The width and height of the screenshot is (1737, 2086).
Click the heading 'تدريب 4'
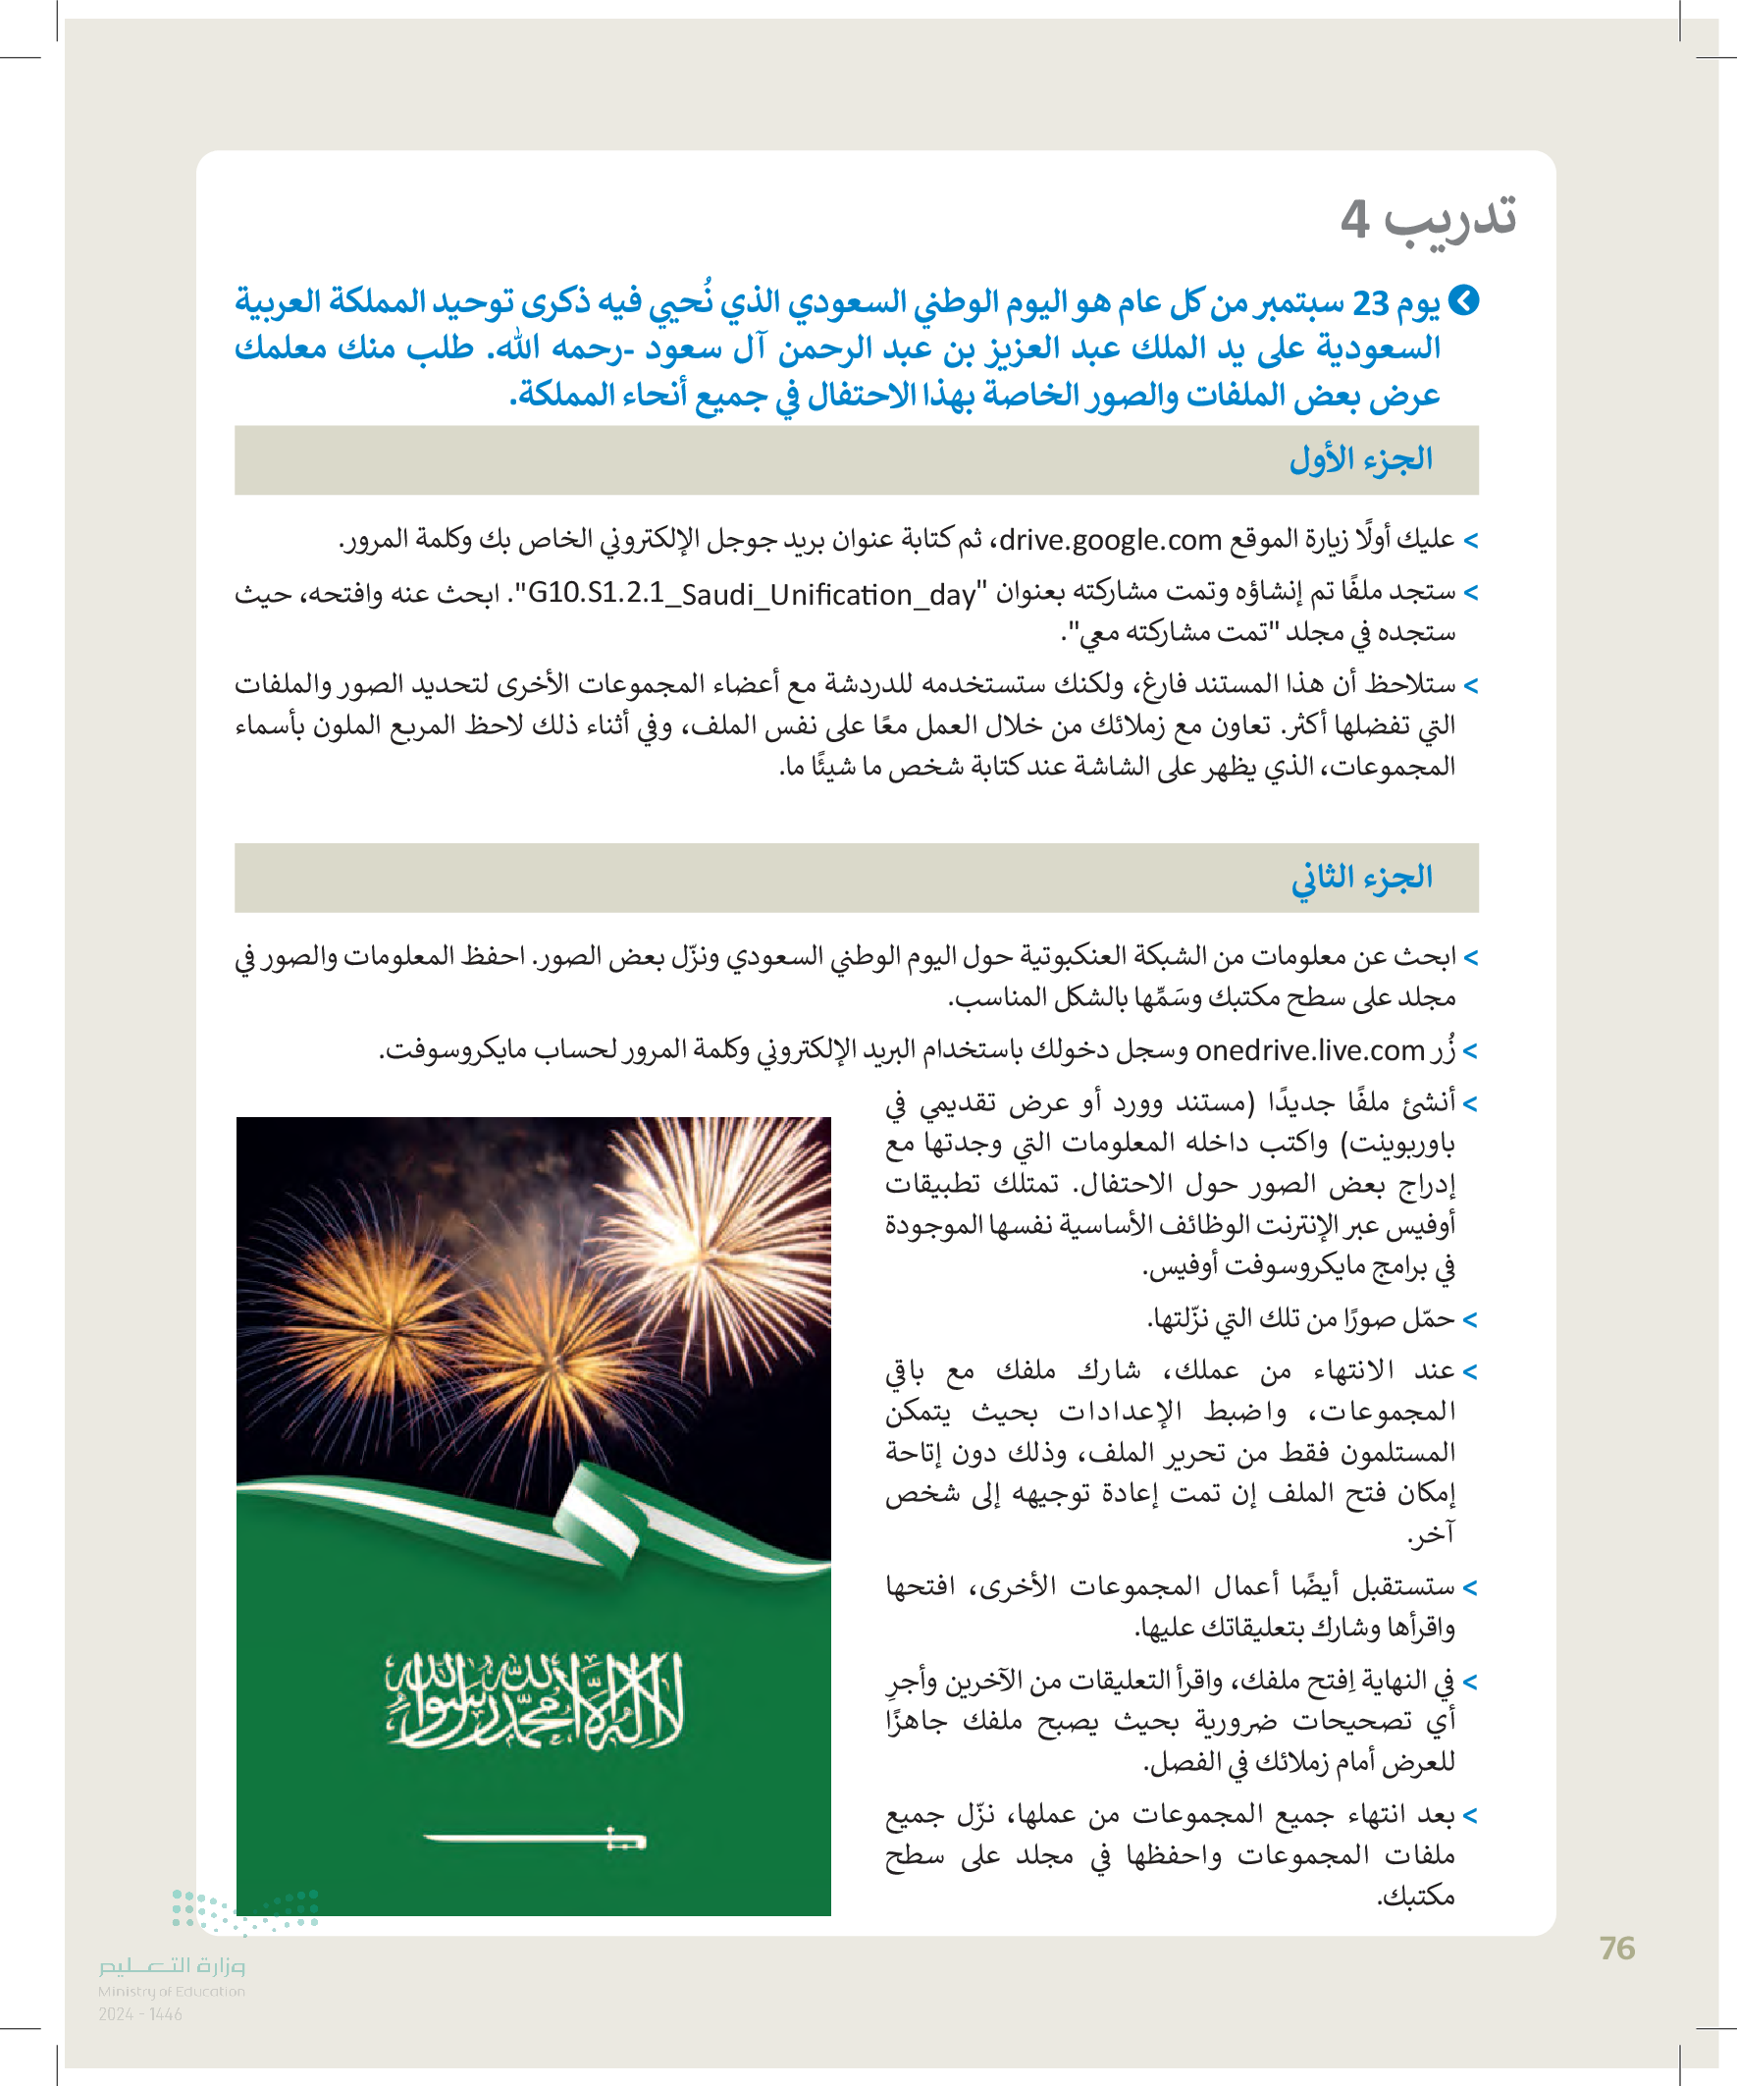tap(1427, 218)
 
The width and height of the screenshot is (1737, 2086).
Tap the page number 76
tap(1617, 1948)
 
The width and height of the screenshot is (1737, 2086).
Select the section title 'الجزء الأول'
tap(1360, 460)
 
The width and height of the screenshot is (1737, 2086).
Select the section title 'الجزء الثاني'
tap(1360, 878)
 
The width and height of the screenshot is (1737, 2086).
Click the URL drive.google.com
tap(1109, 540)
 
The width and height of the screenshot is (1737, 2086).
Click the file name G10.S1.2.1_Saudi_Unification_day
tap(751, 594)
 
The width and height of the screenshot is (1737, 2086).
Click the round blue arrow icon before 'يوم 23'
tap(1464, 300)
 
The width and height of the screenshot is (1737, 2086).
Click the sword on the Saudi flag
tap(534, 1840)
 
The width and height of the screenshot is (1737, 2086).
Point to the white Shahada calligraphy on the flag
tap(534, 1700)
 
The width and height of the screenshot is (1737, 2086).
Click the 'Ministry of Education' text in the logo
tap(171, 1991)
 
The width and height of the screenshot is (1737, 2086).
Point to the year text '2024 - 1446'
tap(140, 2014)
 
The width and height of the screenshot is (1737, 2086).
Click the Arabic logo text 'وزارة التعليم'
tap(171, 1965)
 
